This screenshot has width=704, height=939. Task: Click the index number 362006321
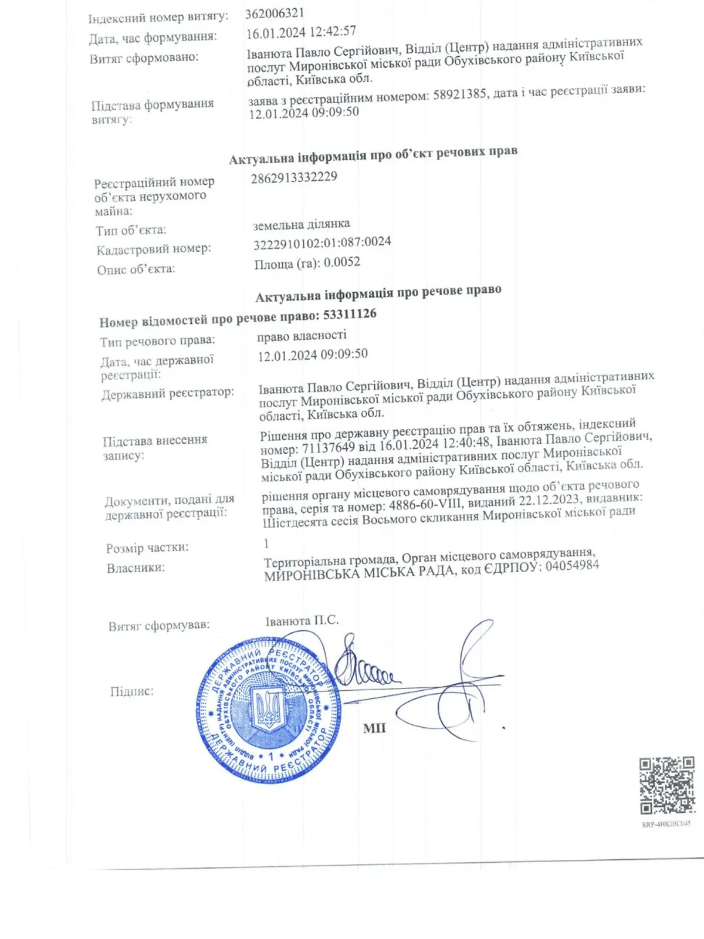click(275, 13)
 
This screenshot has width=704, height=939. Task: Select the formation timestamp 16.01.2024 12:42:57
click(301, 32)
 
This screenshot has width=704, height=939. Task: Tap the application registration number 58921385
click(459, 94)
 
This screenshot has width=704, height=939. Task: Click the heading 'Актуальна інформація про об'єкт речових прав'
click(373, 155)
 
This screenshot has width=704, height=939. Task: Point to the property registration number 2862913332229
click(294, 177)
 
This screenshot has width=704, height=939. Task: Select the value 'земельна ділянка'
click(301, 224)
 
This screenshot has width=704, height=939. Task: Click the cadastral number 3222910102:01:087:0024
click(322, 242)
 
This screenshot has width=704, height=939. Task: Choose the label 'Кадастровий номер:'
click(154, 249)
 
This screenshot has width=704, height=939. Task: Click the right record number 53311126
click(350, 315)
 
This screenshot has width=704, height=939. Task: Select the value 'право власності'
click(302, 335)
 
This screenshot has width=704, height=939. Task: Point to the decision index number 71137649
click(329, 448)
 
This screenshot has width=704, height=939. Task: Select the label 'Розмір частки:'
click(147, 548)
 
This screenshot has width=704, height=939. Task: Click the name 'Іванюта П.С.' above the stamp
click(302, 620)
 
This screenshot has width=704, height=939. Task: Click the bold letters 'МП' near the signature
click(374, 728)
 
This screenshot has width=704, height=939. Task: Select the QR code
click(667, 785)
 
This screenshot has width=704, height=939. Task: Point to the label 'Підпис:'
click(132, 691)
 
